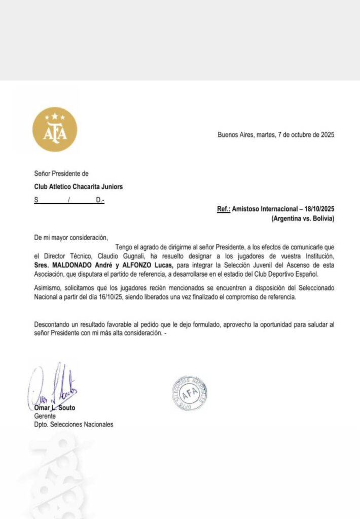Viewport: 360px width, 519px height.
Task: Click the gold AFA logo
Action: coord(55,129)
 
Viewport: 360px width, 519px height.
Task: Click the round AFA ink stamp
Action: coord(189,393)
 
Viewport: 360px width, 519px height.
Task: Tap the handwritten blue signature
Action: coord(52,387)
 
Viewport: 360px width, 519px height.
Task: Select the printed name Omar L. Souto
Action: coord(55,408)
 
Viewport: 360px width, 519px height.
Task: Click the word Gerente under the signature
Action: coord(45,416)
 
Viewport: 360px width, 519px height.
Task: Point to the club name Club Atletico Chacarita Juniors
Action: coord(78,187)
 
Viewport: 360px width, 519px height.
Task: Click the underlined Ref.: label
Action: coord(224,209)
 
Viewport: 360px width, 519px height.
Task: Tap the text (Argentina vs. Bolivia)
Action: coord(303,218)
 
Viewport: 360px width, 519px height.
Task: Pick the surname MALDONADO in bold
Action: coord(73,266)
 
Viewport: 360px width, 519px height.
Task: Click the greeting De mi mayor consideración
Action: coord(71,237)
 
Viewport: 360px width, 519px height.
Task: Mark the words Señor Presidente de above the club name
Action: coord(61,173)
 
